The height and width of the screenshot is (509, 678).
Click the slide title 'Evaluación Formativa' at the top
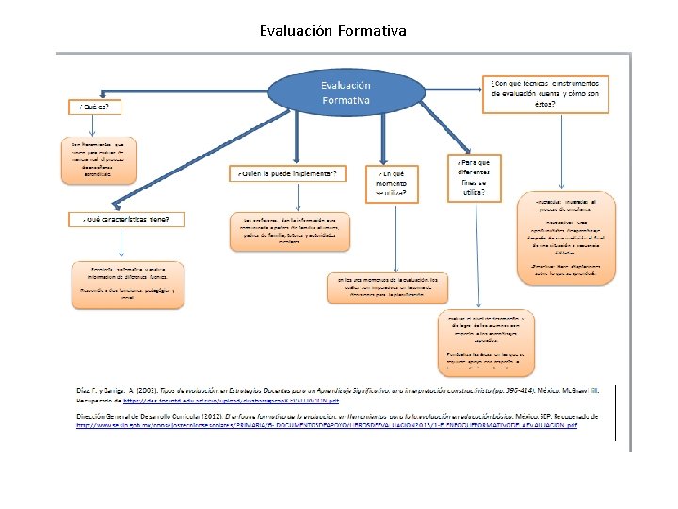click(333, 31)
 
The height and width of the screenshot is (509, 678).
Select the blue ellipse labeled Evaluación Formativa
click(346, 91)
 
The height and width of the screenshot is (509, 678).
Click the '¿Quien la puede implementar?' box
click(287, 174)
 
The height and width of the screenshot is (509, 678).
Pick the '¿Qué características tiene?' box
click(126, 219)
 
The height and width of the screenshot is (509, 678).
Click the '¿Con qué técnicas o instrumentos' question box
click(545, 92)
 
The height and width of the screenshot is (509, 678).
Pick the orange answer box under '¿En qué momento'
click(388, 287)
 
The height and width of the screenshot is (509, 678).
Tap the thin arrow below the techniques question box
click(563, 151)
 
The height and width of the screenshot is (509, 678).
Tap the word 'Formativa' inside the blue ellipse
click(346, 100)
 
